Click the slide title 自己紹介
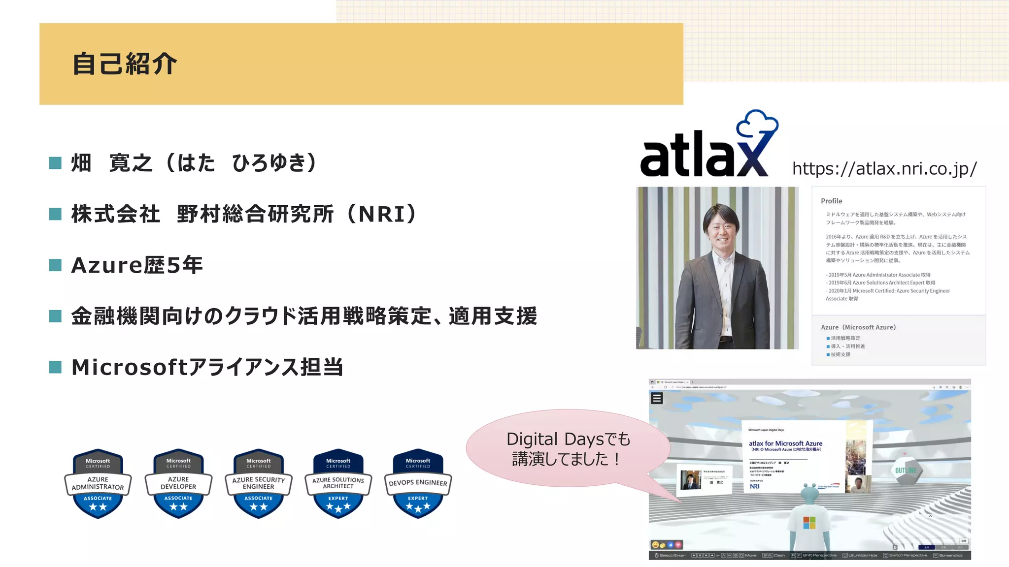125,64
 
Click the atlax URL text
884,169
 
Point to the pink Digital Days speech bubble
568,448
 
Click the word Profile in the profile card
832,201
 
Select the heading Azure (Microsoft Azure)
858,327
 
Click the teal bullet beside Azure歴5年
56,265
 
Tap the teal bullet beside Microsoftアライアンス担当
56,367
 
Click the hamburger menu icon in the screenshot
657,398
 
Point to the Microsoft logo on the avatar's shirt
809,522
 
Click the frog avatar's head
809,492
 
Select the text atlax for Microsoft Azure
785,443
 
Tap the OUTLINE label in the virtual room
906,471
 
